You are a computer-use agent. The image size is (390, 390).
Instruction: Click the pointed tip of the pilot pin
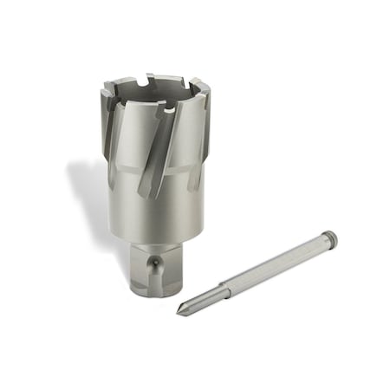coord(180,312)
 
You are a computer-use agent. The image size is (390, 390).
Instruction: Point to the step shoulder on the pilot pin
coord(224,288)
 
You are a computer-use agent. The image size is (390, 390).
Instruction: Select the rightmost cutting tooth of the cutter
coord(202,89)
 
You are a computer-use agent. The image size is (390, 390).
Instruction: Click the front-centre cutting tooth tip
coord(160,109)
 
